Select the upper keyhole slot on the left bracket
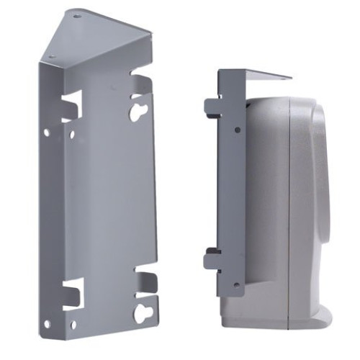(x=138, y=108)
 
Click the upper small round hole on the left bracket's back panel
(x=71, y=134)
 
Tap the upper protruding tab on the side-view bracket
(x=212, y=108)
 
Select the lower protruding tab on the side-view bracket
(x=212, y=259)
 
